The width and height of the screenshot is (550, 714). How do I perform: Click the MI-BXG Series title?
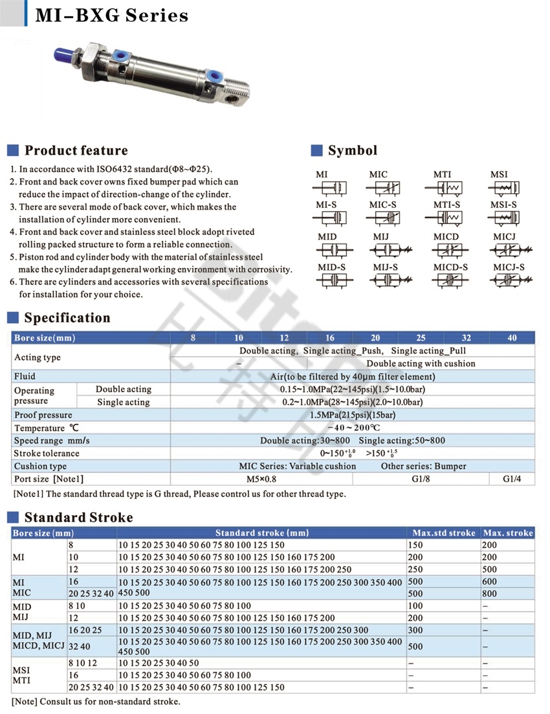pyautogui.click(x=111, y=15)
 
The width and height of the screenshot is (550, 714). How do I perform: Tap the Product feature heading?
pyautogui.click(x=76, y=151)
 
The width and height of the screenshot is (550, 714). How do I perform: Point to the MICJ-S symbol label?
pyautogui.click(x=509, y=267)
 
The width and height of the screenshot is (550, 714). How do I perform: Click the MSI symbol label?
pyautogui.click(x=499, y=174)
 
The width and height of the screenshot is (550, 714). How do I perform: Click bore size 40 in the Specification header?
pyautogui.click(x=512, y=337)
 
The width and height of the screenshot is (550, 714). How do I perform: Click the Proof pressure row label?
pyautogui.click(x=43, y=415)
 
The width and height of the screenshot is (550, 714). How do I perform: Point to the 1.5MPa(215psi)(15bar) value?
pyautogui.click(x=353, y=415)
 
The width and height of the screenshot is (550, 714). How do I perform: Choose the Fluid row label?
pyautogui.click(x=25, y=376)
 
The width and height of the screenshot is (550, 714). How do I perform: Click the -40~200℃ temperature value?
pyautogui.click(x=353, y=428)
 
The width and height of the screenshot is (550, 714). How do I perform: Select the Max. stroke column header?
pyautogui.click(x=508, y=533)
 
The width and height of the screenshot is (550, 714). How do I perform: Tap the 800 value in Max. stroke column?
pyautogui.click(x=489, y=594)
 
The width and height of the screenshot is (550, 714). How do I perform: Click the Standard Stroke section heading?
pyautogui.click(x=78, y=517)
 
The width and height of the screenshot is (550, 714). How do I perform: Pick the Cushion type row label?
pyautogui.click(x=40, y=466)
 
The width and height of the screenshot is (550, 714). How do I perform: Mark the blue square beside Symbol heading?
pyautogui.click(x=316, y=151)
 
